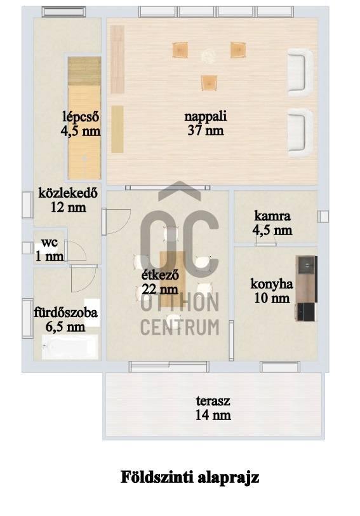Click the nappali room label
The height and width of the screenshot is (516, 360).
click(x=206, y=116)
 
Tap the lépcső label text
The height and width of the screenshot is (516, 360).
click(x=81, y=117)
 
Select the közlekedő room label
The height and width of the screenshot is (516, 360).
click(x=68, y=193)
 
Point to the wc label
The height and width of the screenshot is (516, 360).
click(x=50, y=243)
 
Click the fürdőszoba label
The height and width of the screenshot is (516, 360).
click(x=66, y=312)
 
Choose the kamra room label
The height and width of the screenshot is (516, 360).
click(x=272, y=216)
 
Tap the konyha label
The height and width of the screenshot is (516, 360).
click(x=272, y=283)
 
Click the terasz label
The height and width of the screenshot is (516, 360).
click(x=213, y=401)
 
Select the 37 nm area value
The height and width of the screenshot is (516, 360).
click(x=206, y=131)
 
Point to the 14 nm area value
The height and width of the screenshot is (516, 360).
click(x=213, y=416)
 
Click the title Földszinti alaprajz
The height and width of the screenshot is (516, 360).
click(x=190, y=477)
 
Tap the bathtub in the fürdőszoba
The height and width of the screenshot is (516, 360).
click(x=70, y=347)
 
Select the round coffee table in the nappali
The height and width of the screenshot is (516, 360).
click(x=208, y=56)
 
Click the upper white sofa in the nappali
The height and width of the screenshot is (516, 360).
click(x=300, y=72)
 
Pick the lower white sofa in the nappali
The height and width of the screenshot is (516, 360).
click(x=300, y=133)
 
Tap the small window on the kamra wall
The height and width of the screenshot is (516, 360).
click(x=323, y=216)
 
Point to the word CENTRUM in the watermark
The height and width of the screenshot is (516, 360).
click(x=180, y=327)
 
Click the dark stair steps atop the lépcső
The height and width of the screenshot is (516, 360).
click(x=84, y=71)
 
